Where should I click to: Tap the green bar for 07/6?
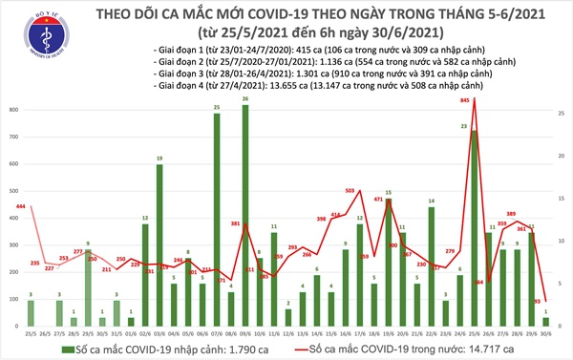click(216, 220)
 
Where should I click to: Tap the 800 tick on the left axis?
click(12, 112)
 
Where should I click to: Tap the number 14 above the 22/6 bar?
click(433, 201)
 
